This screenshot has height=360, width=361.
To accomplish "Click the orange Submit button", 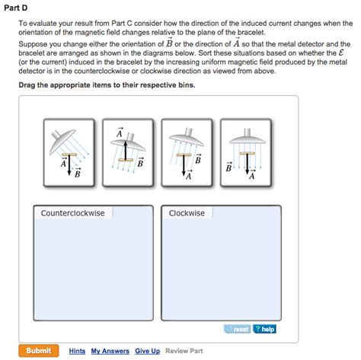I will [x=38, y=351].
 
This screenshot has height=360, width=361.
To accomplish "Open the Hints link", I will [x=77, y=351].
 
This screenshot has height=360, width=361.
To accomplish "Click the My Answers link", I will [x=110, y=351].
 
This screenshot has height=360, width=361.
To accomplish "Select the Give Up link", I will [x=147, y=351].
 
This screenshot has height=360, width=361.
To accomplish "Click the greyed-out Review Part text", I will [x=184, y=351].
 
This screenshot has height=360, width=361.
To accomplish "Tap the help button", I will [x=265, y=329].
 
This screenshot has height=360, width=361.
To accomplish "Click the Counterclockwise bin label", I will [x=73, y=213].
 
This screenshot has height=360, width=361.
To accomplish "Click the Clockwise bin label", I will [x=187, y=213].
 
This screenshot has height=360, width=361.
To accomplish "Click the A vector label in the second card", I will [x=120, y=133].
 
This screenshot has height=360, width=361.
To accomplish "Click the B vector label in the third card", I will [x=197, y=160].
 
